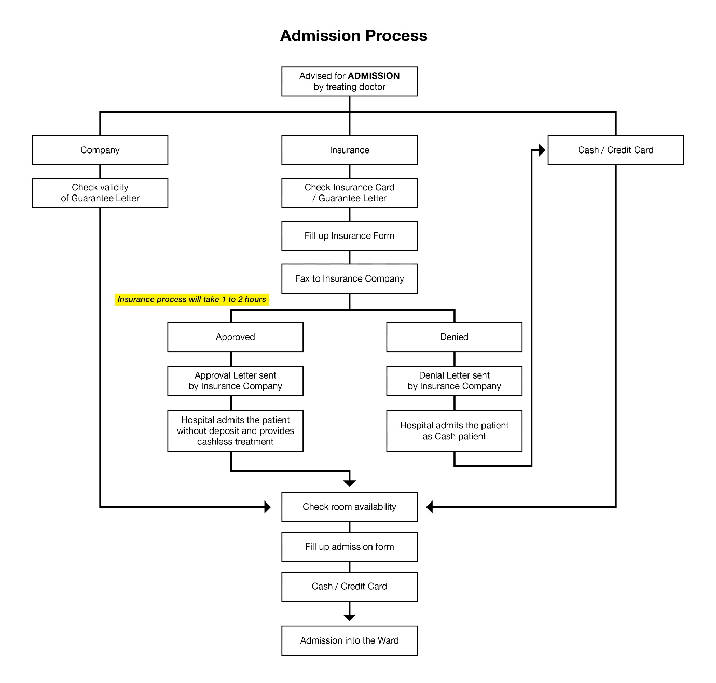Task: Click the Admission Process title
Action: [353, 36]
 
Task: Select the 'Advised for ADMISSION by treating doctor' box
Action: [349, 81]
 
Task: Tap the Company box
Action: [100, 150]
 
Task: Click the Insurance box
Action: [349, 150]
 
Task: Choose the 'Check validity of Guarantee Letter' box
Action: [100, 193]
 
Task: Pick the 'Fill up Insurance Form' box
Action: [349, 236]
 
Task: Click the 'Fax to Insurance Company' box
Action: [349, 279]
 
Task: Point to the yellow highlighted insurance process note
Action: [192, 299]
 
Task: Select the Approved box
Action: [235, 337]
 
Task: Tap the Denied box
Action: [454, 337]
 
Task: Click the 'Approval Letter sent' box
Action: [235, 381]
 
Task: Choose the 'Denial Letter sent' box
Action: [454, 381]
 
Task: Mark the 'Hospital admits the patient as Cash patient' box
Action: [454, 431]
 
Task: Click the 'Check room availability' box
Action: [349, 507]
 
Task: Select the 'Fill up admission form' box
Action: [349, 547]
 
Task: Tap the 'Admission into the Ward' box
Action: [349, 641]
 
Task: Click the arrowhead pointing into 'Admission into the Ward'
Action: [349, 617]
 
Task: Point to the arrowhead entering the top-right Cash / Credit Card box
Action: [542, 150]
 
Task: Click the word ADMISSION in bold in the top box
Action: [374, 76]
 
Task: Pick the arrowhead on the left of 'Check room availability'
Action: [267, 507]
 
